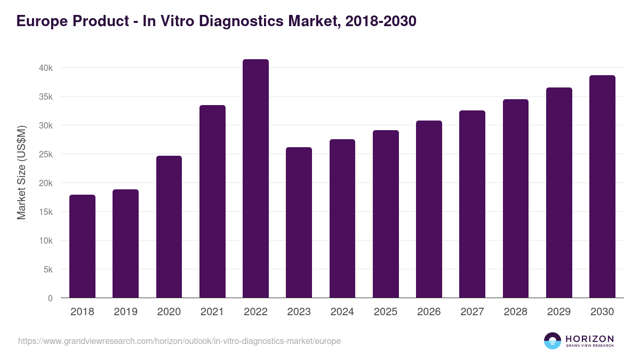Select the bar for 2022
click(255, 179)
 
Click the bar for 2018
click(82, 246)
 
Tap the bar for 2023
click(299, 222)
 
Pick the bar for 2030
click(602, 187)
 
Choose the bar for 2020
click(169, 227)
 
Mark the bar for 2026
click(429, 209)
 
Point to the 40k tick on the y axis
click(45, 68)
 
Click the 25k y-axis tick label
click(45, 154)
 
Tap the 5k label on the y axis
click(47, 269)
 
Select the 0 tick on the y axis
click(50, 298)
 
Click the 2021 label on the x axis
click(212, 312)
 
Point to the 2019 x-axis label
click(125, 312)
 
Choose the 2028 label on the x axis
click(516, 312)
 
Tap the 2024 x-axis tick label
click(342, 312)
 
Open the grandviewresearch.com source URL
click(179, 341)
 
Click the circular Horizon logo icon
click(553, 341)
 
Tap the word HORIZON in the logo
click(589, 339)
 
